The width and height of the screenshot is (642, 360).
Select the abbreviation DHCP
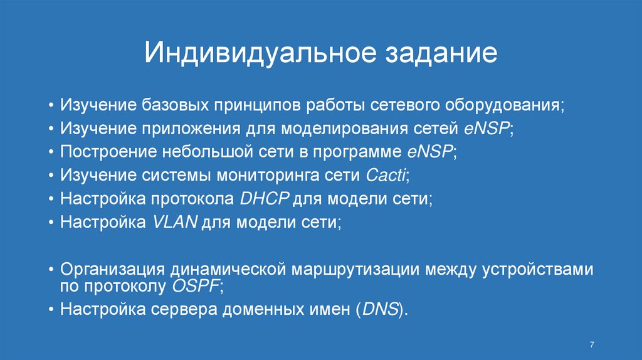point(264,199)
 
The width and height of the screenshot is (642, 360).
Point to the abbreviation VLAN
point(175,223)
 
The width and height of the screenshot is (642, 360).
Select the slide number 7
point(592,344)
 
